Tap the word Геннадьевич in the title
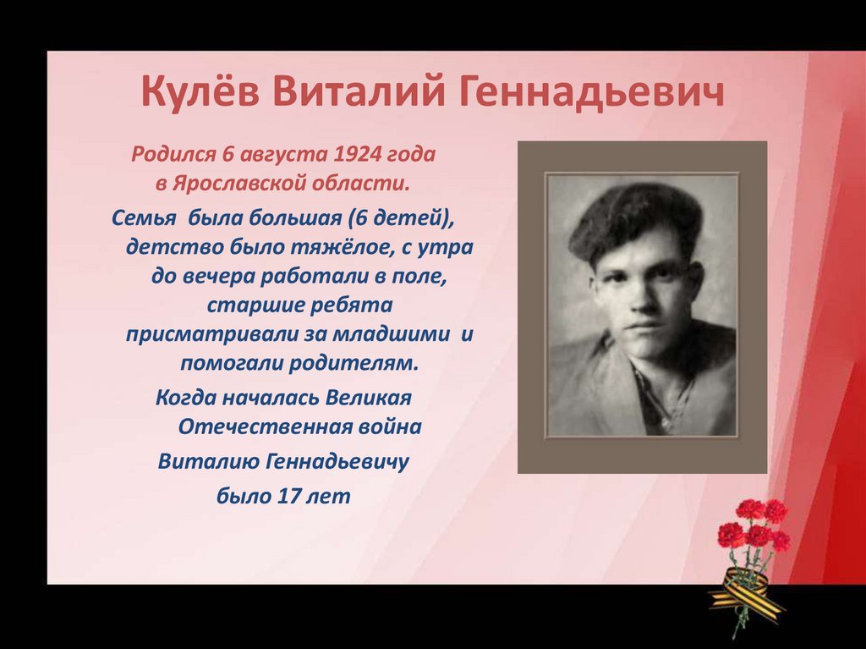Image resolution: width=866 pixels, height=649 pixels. [592, 92]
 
